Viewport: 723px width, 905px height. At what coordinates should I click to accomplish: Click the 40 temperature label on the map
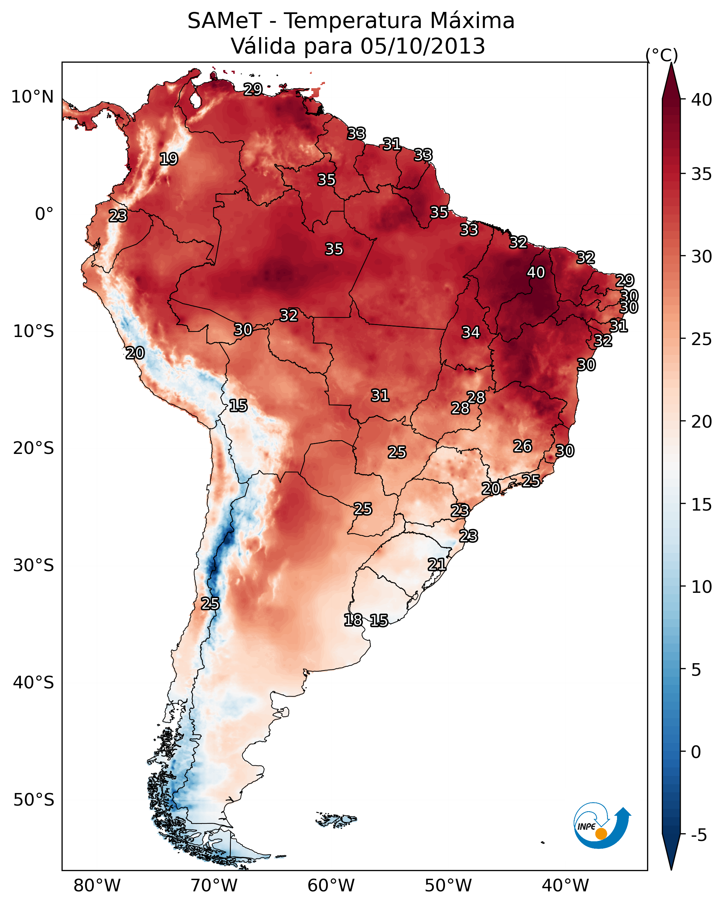click(x=536, y=272)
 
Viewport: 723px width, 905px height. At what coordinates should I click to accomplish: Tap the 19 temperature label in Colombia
click(x=169, y=159)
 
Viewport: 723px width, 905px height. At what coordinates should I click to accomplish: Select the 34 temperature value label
click(x=471, y=332)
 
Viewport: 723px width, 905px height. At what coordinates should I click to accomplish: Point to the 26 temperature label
click(x=523, y=446)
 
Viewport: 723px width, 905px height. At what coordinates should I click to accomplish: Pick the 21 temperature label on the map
click(x=437, y=564)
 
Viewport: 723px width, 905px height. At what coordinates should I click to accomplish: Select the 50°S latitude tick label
click(x=34, y=800)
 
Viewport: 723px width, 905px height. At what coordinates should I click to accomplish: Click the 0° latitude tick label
click(x=44, y=214)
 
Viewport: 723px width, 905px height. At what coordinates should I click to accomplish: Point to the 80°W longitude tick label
click(x=97, y=885)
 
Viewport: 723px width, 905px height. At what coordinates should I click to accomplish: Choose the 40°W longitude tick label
click(x=565, y=885)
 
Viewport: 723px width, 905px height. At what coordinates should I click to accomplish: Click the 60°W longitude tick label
click(x=331, y=885)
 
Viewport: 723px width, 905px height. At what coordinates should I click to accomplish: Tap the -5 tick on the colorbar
click(x=699, y=835)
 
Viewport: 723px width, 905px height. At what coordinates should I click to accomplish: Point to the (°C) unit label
click(x=662, y=55)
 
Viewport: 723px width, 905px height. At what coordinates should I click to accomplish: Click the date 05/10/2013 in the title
click(x=423, y=46)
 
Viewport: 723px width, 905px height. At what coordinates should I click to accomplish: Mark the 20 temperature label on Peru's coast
click(x=135, y=353)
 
